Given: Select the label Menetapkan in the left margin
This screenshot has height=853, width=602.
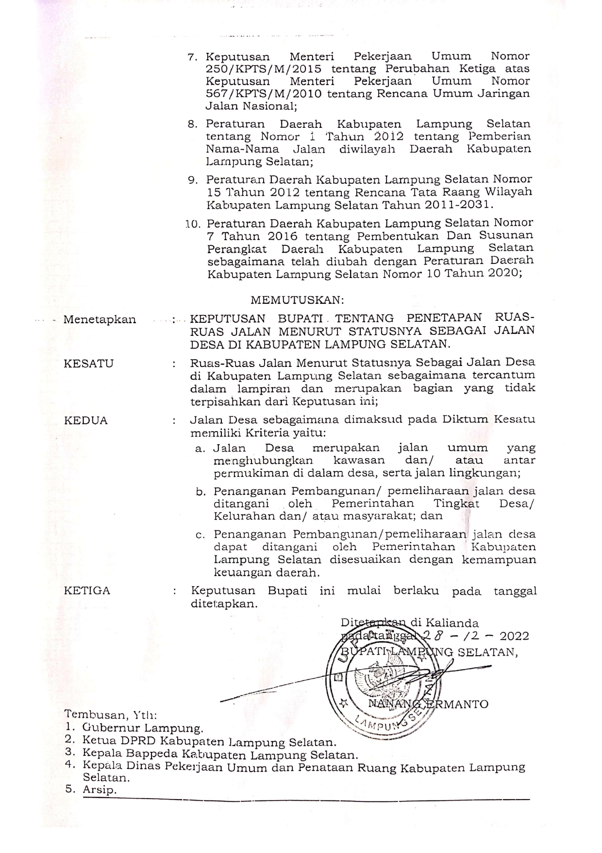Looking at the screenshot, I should pos(100,320).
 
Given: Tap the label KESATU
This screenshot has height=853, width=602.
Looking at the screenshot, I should pos(88,364).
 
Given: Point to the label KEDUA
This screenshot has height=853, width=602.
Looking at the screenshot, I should pos(85,420).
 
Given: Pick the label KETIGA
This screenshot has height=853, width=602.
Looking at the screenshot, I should pos(87,591).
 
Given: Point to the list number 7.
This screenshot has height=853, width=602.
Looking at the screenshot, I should pos(191,57).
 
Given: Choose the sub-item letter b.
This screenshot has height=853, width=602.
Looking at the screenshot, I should pos(200,492).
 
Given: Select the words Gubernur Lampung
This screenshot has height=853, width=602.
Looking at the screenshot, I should pos(142,728).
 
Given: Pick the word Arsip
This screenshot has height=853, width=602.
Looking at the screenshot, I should pos(100,789).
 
